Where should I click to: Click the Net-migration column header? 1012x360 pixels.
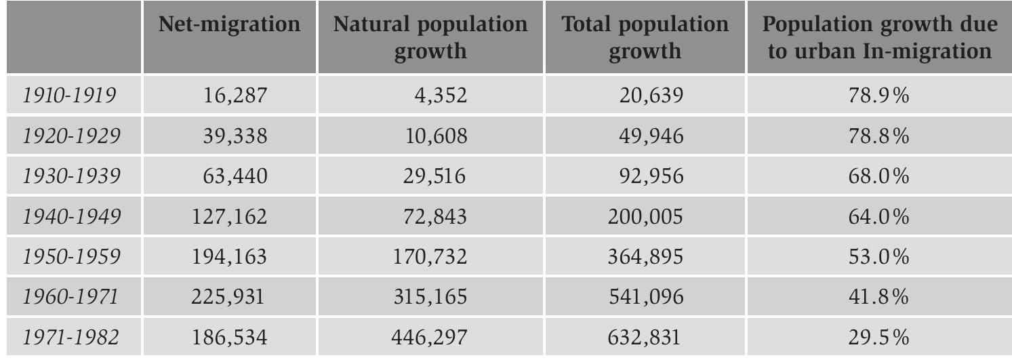click(x=229, y=25)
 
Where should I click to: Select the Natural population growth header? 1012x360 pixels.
click(x=430, y=37)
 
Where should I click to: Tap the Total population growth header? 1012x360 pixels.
click(x=645, y=37)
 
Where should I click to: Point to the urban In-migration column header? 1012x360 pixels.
click(x=879, y=37)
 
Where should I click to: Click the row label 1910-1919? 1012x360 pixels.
click(x=68, y=96)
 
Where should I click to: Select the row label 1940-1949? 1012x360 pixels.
click(x=72, y=218)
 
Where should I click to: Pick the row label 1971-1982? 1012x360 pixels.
click(x=72, y=338)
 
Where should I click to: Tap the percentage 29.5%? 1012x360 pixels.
click(x=878, y=338)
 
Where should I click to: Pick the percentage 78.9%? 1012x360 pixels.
click(x=878, y=96)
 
